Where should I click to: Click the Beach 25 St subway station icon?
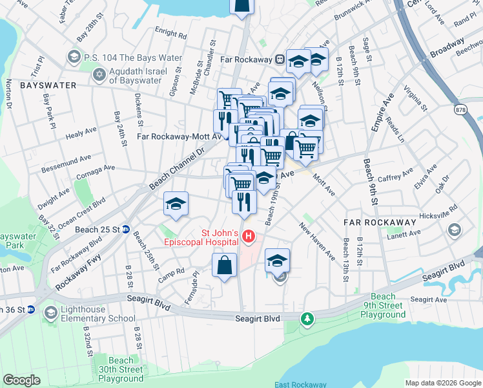coord(127,229)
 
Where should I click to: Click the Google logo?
coord(21,380)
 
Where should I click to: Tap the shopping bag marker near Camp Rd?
coord(223,266)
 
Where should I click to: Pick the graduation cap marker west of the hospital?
coord(176,204)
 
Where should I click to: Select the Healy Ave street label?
coord(81,136)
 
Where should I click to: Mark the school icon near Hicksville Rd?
coord(454,230)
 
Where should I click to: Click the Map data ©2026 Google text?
coord(442,382)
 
